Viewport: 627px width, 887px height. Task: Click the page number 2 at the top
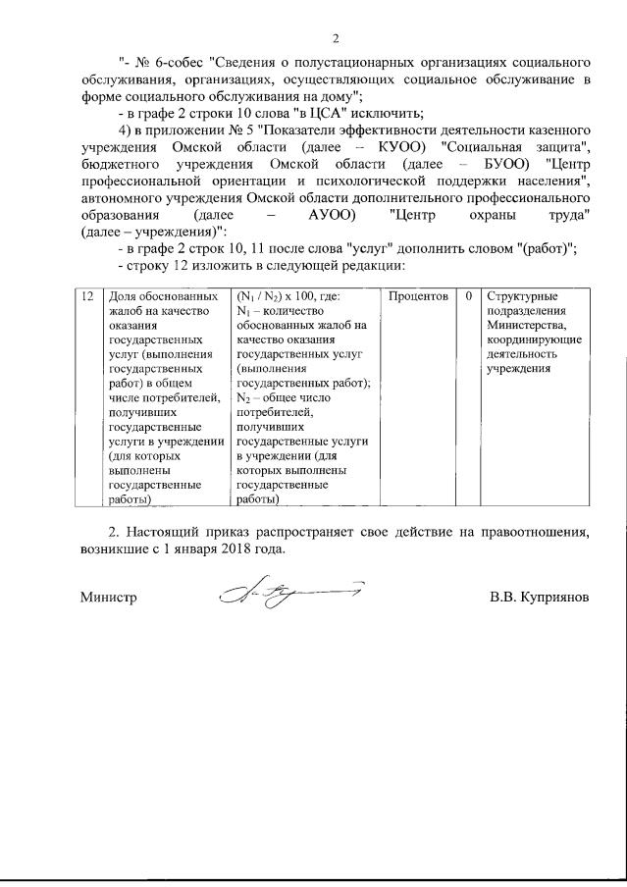(x=335, y=39)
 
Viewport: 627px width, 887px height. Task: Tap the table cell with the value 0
(x=469, y=296)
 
